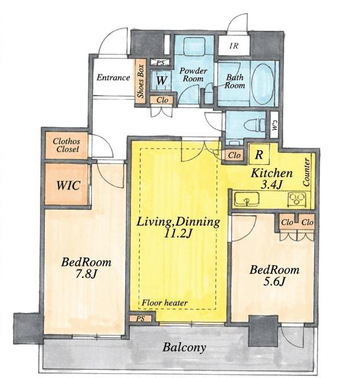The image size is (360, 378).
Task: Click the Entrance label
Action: point(113,77)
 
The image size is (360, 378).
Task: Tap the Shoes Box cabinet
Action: point(140,82)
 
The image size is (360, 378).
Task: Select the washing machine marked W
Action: point(161,80)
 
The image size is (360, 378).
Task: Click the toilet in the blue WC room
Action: point(254,125)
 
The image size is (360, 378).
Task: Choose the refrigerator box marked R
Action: point(259,154)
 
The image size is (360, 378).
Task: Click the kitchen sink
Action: point(247,200)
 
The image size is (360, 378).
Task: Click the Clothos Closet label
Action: point(67,145)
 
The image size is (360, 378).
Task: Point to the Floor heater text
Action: point(164,302)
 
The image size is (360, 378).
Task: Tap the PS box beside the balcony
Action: point(140,318)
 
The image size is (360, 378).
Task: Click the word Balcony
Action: point(184,347)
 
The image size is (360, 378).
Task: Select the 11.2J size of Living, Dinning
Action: point(178,233)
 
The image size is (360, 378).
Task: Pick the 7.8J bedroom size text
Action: point(86,274)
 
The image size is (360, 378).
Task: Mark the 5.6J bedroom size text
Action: point(274,281)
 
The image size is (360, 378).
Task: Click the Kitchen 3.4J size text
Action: point(271,185)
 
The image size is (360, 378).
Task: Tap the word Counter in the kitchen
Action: point(306,172)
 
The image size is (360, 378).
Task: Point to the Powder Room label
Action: point(193,75)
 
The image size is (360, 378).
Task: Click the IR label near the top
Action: point(234,46)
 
